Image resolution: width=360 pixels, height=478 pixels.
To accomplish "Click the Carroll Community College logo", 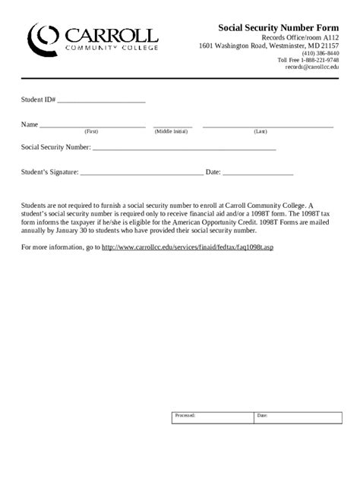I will pos(92,38).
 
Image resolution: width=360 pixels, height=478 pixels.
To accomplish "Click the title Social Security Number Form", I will pos(279,27).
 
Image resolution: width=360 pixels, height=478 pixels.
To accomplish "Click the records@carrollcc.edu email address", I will pos(312,67).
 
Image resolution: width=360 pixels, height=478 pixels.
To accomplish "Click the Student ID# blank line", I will pos(101,99).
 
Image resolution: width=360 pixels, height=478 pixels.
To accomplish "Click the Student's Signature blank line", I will pos(141,173).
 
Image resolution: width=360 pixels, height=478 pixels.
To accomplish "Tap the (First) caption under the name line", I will pos(91,131).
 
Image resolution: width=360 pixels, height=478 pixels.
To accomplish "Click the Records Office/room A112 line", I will pos(300,36).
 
